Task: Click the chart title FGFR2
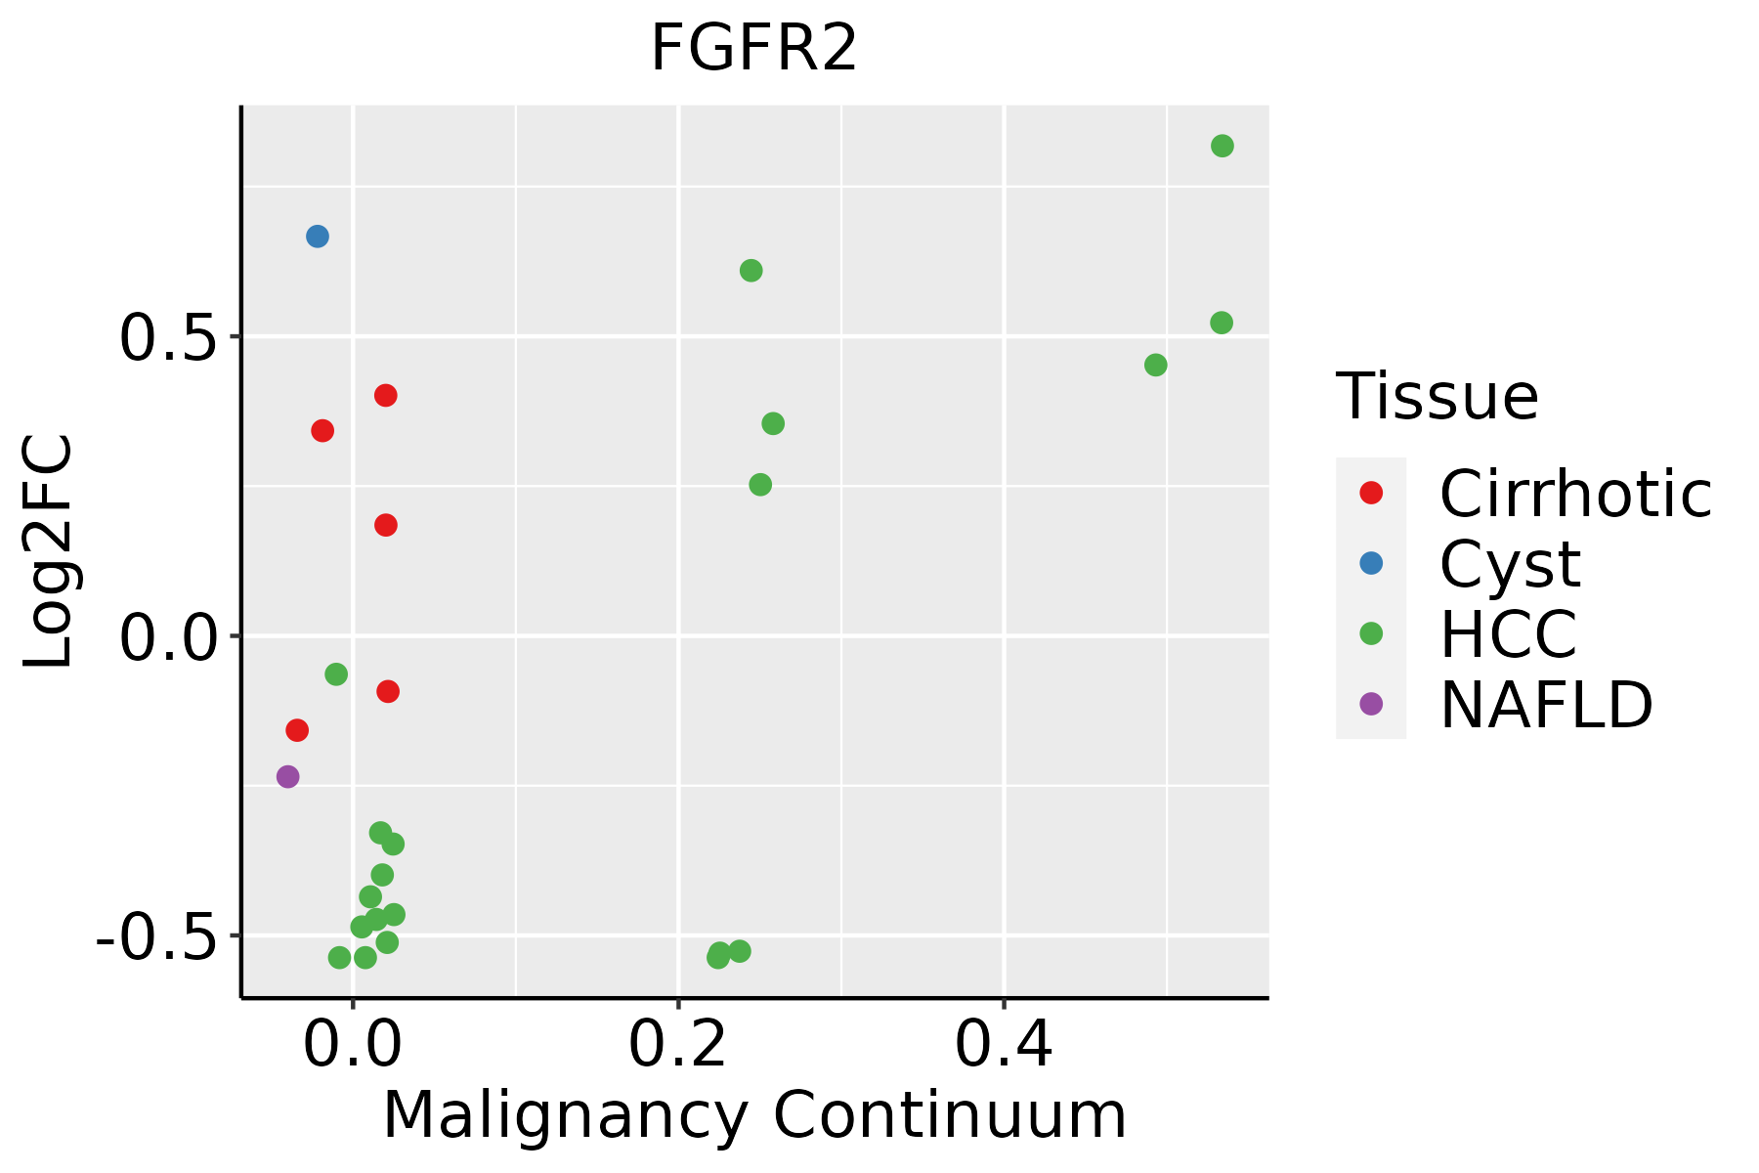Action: [x=753, y=49]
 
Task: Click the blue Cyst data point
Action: [x=318, y=237]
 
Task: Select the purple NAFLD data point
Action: [x=287, y=777]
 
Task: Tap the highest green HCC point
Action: [x=1223, y=147]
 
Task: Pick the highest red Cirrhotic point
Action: [x=386, y=396]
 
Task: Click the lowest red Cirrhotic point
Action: [x=297, y=730]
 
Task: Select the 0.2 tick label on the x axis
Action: [x=677, y=1045]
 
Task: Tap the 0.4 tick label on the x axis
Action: [x=1004, y=1045]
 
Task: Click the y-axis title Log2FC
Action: [x=49, y=552]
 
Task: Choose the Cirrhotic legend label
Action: [x=1575, y=494]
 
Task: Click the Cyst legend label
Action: [x=1510, y=564]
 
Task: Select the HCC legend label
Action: [x=1508, y=633]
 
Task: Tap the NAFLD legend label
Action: [x=1546, y=704]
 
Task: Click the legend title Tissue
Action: [x=1437, y=397]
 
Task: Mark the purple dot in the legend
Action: [x=1371, y=704]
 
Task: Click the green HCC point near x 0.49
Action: [x=1156, y=366]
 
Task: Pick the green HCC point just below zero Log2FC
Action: [x=336, y=674]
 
